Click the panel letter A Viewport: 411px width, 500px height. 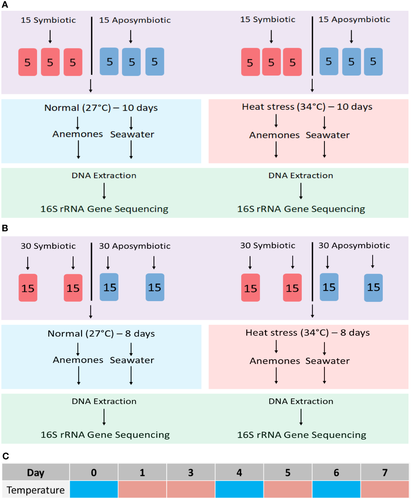5,5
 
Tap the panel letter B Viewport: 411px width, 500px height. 5,228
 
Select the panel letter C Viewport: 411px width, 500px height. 5,456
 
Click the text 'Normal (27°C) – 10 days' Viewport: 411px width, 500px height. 101,108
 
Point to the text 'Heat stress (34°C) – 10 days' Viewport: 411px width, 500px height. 307,107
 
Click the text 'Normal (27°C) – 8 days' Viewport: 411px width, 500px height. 101,333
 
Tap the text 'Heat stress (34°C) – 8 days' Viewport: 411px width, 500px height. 308,332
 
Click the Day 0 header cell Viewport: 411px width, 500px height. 94,472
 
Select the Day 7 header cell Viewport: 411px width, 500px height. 385,472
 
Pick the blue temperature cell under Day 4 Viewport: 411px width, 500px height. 239,490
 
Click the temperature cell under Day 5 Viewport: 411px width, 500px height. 288,490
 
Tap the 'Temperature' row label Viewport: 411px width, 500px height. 35,490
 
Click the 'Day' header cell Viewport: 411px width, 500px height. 35,472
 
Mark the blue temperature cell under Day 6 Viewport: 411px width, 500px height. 336,490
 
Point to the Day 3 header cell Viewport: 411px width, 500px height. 190,472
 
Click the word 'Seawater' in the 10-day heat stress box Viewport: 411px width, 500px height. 327,135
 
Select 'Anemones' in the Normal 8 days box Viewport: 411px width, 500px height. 78,360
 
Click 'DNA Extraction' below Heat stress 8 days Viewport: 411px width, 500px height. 301,401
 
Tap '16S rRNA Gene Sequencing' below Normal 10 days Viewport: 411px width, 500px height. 104,209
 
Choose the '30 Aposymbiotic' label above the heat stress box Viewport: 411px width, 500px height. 354,245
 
